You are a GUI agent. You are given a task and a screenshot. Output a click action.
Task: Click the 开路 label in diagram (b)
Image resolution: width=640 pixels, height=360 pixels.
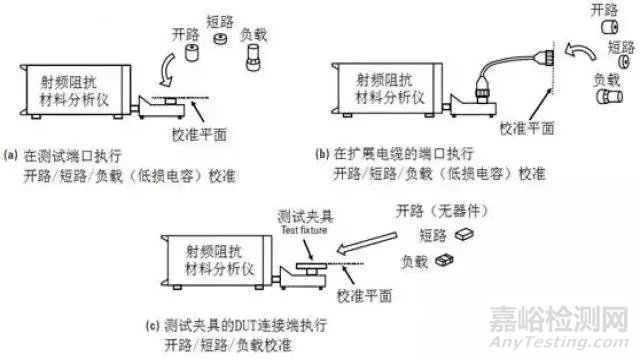click(604, 10)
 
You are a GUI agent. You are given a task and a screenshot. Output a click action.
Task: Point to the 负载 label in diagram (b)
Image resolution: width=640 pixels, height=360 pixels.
click(604, 78)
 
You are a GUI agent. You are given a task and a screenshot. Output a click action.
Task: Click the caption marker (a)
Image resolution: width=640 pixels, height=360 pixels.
click(12, 155)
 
